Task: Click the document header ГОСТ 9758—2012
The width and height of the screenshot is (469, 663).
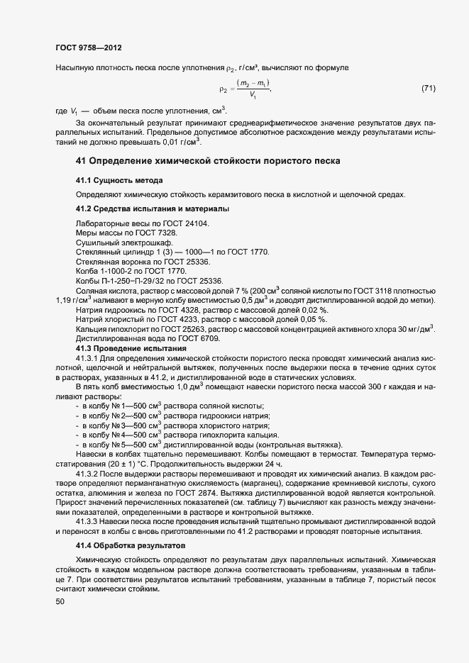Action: pyautogui.click(x=88, y=48)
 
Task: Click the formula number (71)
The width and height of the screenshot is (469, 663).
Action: pyautogui.click(x=428, y=89)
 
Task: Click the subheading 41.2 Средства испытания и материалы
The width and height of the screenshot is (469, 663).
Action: pyautogui.click(x=152, y=209)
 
